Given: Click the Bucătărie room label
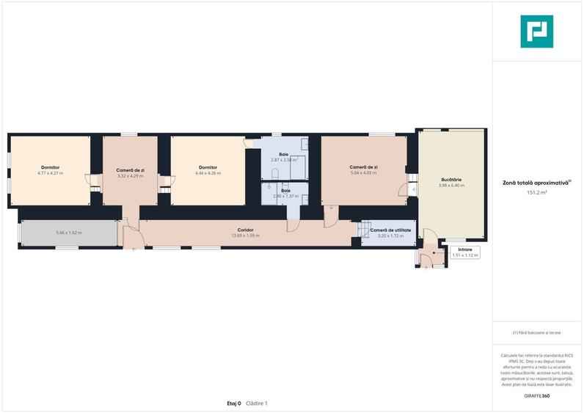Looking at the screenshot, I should [x=451, y=179].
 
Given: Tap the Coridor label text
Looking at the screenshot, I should [x=246, y=230].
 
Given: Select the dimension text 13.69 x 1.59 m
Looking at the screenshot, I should [x=246, y=235].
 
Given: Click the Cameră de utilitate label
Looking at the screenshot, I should [x=391, y=230].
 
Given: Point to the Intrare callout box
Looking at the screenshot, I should [x=464, y=252].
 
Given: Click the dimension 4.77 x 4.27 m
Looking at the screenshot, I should [x=51, y=173].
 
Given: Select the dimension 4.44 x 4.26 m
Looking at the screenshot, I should [x=208, y=173].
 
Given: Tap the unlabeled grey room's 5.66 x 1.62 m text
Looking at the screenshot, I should [x=69, y=233].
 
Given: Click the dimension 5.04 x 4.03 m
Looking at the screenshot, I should [x=363, y=173].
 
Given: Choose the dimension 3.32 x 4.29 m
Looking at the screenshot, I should [x=131, y=175].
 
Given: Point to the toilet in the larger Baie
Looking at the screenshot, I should [x=273, y=173].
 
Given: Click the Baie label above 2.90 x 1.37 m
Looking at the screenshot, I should [x=285, y=190].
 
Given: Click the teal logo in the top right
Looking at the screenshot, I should [x=537, y=31].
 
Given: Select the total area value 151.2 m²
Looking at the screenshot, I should [x=537, y=192].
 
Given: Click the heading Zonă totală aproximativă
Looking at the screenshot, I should [x=536, y=183].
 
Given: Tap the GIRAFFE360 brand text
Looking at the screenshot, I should [x=537, y=395].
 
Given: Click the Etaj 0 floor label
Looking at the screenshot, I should [x=234, y=403].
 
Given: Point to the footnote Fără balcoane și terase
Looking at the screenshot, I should [x=537, y=332].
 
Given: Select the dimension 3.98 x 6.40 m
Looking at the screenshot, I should [x=451, y=186].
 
